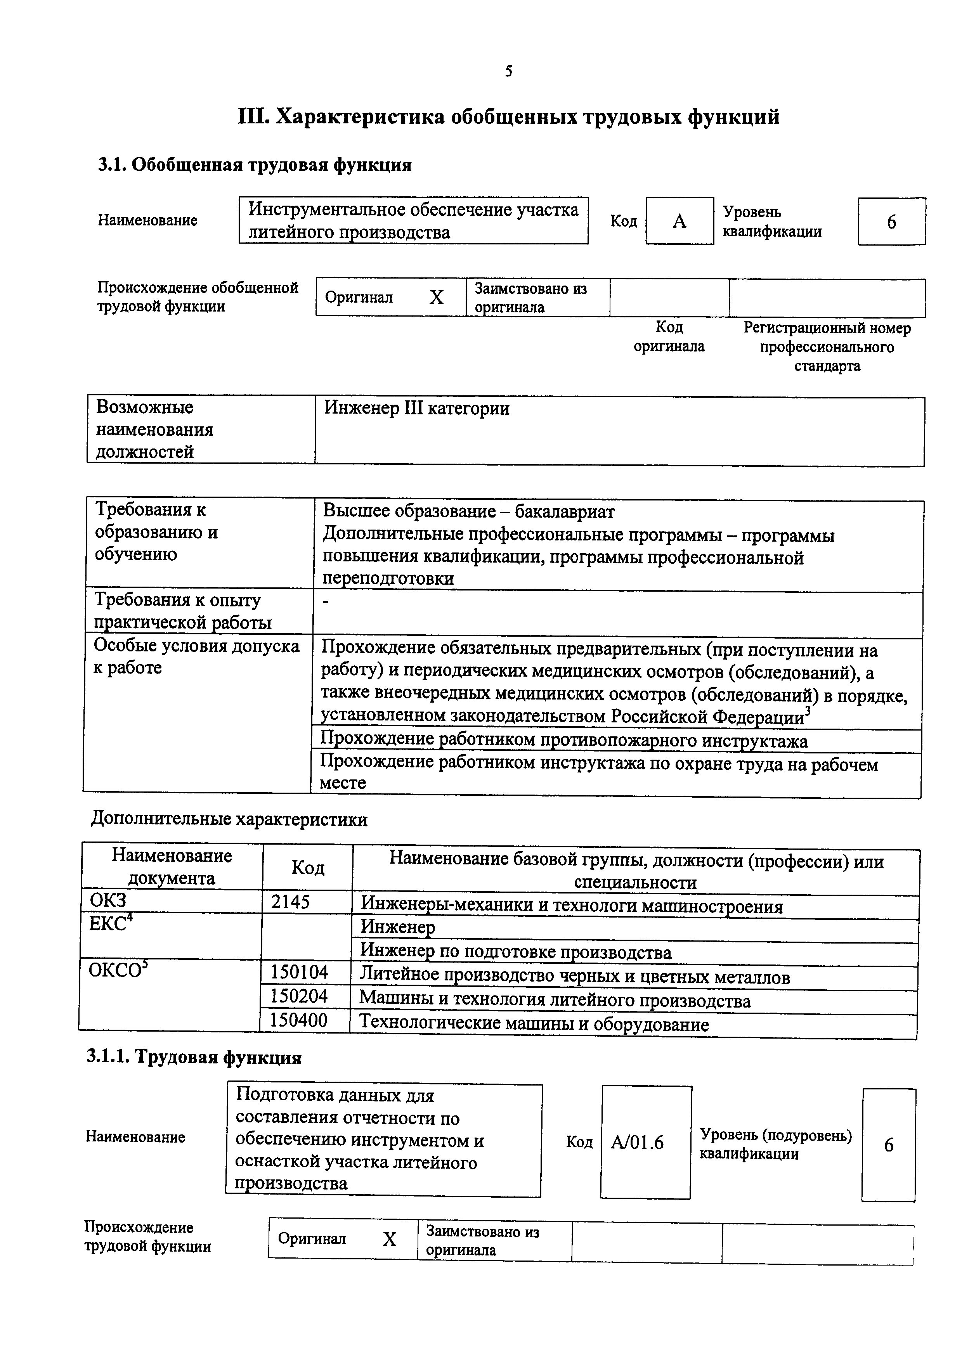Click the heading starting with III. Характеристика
[509, 117]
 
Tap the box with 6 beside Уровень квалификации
[891, 222]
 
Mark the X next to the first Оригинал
[436, 297]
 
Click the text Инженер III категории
[417, 409]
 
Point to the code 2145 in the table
[290, 902]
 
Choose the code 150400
[299, 1020]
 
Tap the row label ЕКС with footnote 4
[110, 923]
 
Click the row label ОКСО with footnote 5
[118, 970]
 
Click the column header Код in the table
[308, 868]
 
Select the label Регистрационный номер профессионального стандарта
[827, 347]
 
